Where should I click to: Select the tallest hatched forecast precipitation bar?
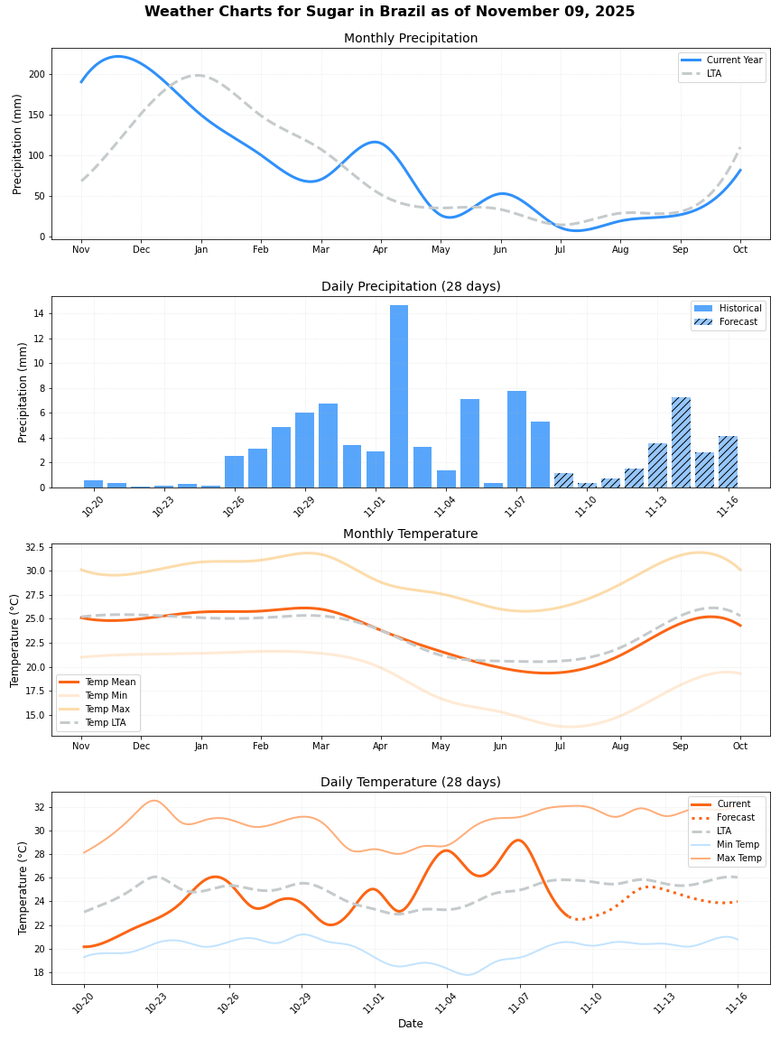pos(681,442)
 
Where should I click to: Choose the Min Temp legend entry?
pos(739,844)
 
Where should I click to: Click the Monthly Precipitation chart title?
pos(411,39)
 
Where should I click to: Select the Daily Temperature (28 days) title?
pos(411,783)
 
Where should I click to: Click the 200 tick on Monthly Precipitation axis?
pos(36,74)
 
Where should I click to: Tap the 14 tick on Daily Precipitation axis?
pos(39,313)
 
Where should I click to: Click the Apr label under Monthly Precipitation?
pos(380,249)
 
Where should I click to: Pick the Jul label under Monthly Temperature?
pos(560,747)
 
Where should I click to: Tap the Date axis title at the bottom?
pos(411,1024)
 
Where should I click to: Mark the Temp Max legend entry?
pos(106,710)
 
